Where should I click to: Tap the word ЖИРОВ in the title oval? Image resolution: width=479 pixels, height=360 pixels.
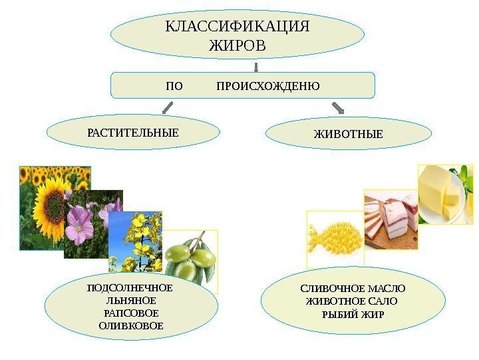(x=238, y=46)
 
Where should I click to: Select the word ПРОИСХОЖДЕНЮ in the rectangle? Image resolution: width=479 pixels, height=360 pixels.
(x=268, y=87)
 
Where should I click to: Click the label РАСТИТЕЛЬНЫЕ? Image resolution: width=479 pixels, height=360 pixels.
(x=133, y=132)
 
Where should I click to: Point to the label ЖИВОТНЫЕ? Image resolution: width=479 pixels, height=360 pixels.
(x=348, y=135)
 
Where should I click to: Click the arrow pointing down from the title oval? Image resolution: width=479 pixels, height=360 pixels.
(x=256, y=67)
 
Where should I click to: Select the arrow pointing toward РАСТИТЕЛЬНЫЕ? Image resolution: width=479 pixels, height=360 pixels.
(x=168, y=108)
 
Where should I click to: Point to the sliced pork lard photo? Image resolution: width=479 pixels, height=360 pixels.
(x=391, y=217)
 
